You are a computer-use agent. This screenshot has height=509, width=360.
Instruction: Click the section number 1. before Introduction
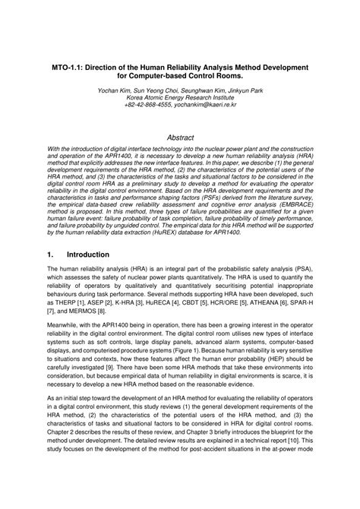(49, 254)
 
